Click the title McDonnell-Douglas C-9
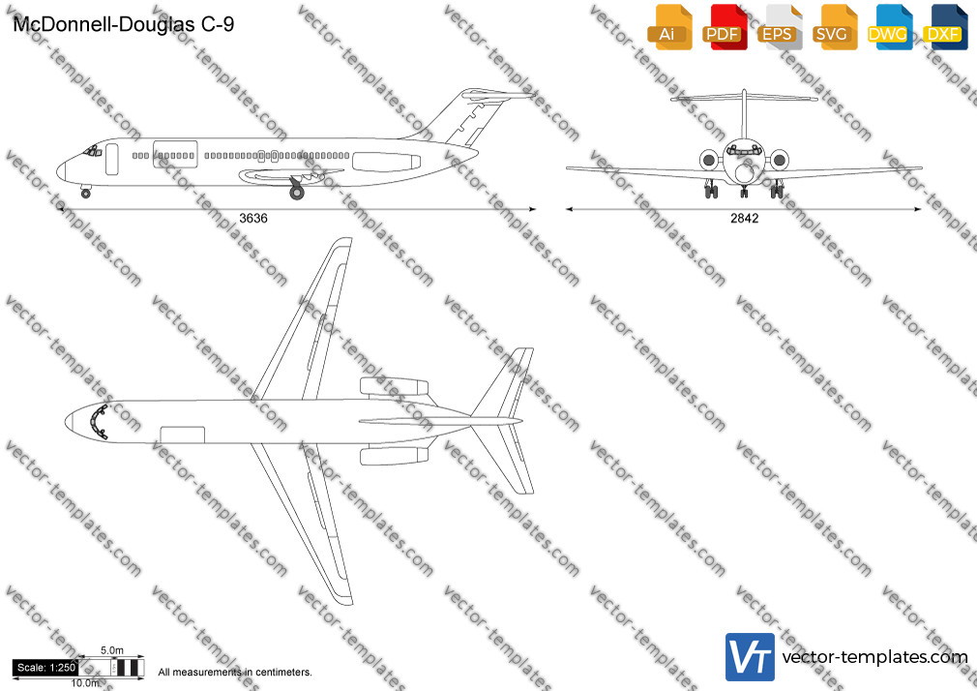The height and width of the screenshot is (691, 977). tap(124, 24)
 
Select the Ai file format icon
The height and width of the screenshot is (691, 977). tap(669, 27)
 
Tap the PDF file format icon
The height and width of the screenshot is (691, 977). tap(725, 27)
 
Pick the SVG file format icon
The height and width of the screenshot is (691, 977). tap(834, 27)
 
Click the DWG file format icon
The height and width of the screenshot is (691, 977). tap(889, 27)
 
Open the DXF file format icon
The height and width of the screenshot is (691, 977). tap(945, 27)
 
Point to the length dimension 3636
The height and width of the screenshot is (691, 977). tap(253, 219)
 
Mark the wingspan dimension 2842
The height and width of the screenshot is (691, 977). tap(745, 219)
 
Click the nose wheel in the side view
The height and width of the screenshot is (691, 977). tap(86, 194)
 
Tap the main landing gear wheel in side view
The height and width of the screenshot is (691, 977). tap(297, 193)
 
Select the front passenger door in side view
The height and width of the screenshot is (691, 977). tap(112, 159)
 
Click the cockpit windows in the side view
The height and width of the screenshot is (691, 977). tap(92, 150)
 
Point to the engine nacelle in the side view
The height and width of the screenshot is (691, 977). tap(386, 162)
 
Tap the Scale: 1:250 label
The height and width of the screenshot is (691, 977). tap(45, 668)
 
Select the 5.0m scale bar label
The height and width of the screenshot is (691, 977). tap(112, 650)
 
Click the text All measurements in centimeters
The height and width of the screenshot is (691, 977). tap(235, 673)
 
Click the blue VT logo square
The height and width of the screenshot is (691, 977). tap(751, 657)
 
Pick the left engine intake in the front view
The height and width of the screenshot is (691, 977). tap(708, 161)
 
